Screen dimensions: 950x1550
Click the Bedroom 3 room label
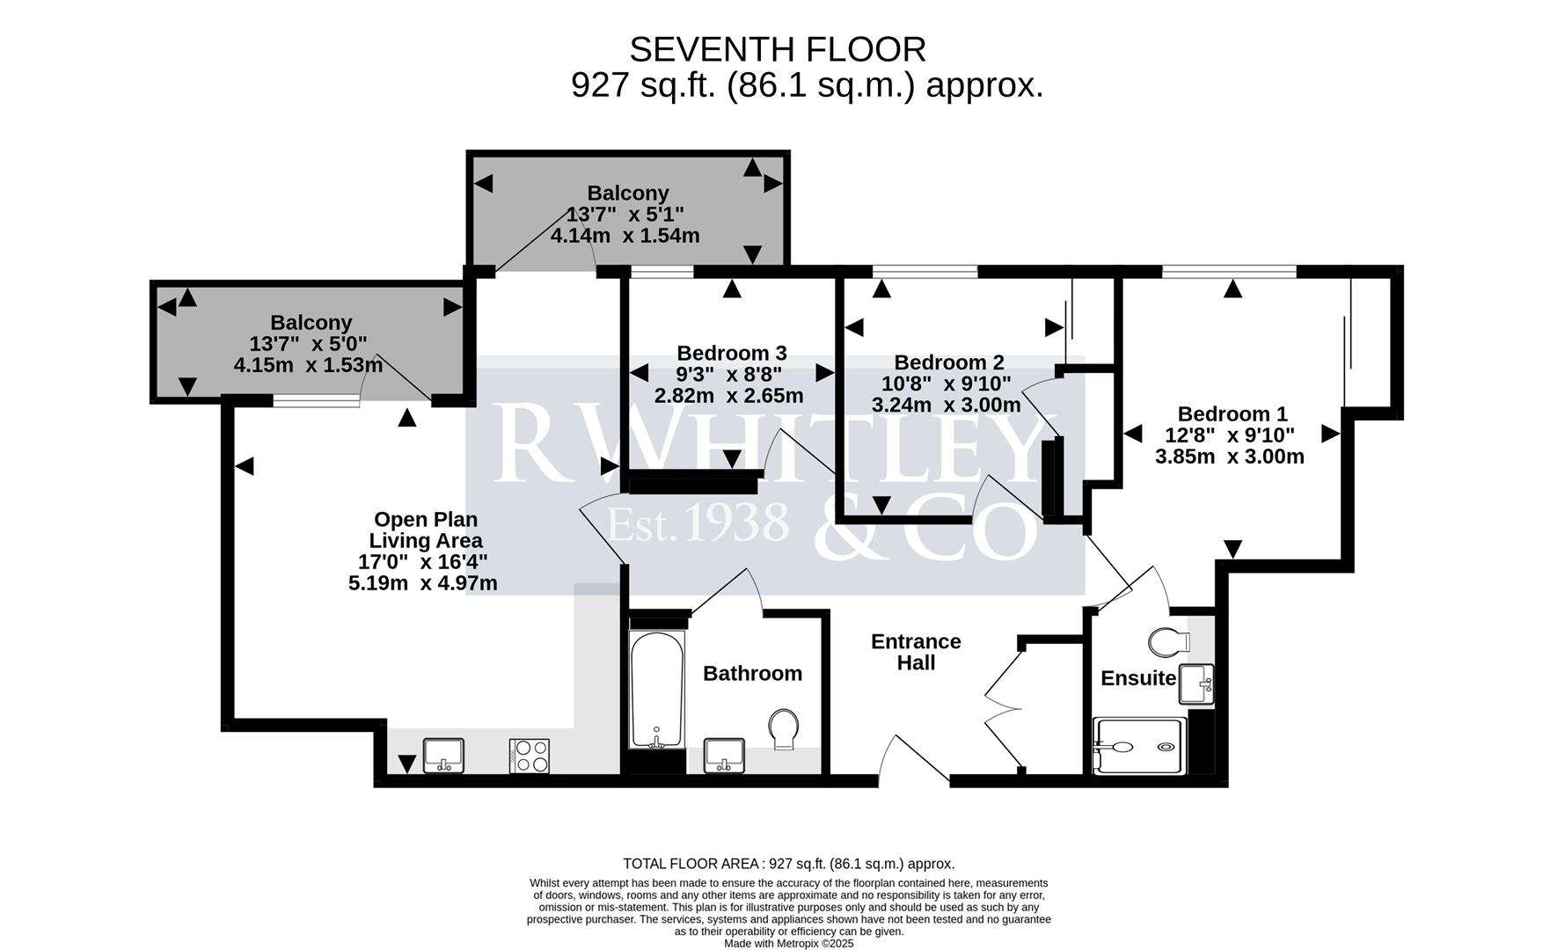click(730, 353)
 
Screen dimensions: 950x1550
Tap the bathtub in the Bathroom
click(657, 690)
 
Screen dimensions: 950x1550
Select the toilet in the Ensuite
click(1167, 640)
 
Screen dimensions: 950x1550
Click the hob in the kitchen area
click(529, 756)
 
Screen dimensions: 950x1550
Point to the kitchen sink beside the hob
click(443, 755)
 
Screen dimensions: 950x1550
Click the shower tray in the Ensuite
click(1138, 747)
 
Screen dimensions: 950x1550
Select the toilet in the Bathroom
click(783, 729)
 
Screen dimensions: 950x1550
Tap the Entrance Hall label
click(916, 652)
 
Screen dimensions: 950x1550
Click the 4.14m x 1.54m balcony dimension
click(625, 236)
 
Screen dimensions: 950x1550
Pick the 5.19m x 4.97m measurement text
click(422, 583)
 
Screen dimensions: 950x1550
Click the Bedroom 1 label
click(1232, 413)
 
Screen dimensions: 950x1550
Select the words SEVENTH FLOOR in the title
click(778, 50)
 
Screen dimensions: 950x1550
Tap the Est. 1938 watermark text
click(698, 523)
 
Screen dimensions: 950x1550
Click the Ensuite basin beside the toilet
click(1196, 684)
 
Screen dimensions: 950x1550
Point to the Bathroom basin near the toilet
click(724, 755)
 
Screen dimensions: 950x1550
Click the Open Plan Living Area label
click(426, 530)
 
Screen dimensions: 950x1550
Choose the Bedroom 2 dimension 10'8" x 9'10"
click(946, 384)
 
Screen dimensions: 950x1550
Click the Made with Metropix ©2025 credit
click(788, 943)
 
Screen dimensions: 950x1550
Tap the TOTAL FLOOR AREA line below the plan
click(788, 864)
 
